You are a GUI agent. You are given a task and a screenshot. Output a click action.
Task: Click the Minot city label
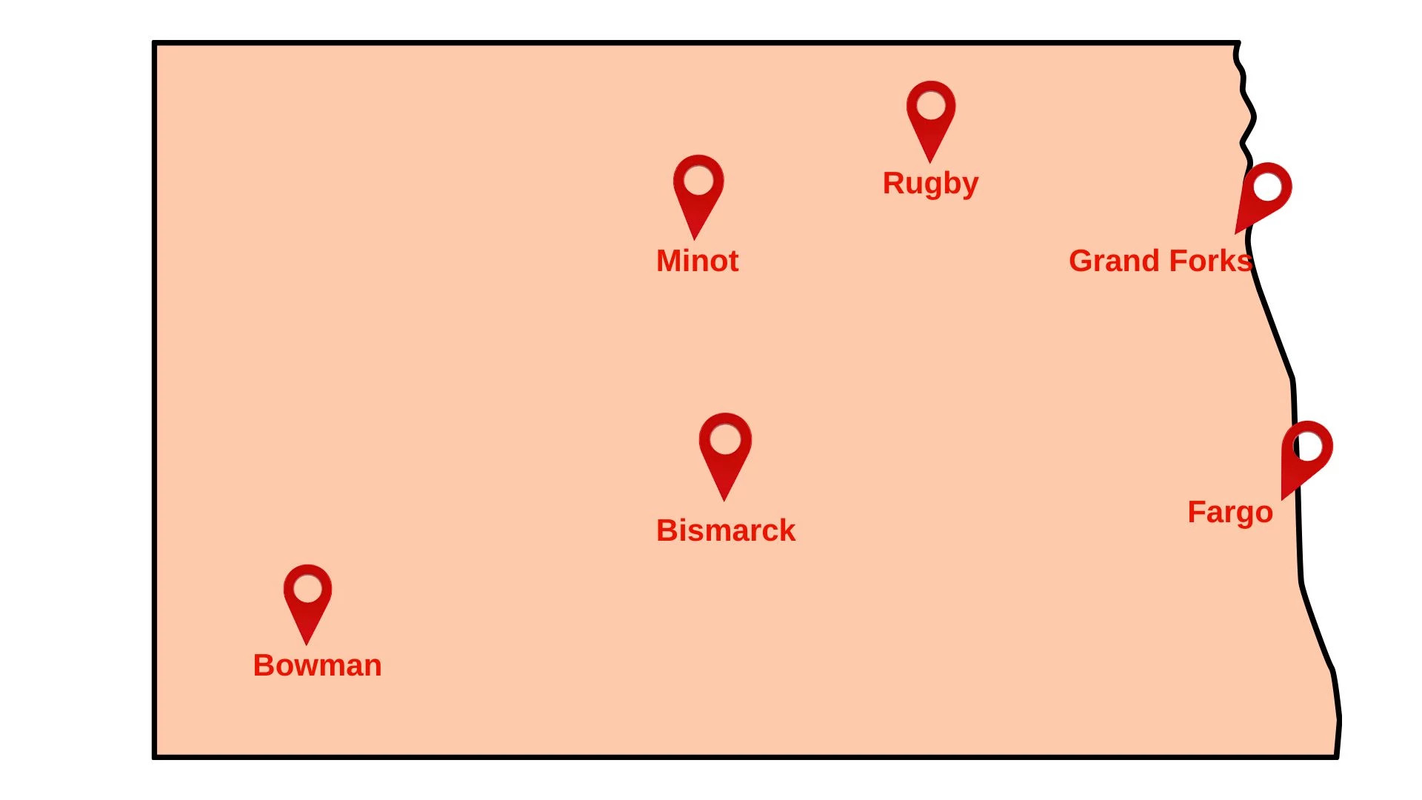[x=697, y=261]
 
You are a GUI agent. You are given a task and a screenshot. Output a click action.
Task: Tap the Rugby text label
[x=930, y=183]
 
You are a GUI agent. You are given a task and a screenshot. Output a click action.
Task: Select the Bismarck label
[x=725, y=530]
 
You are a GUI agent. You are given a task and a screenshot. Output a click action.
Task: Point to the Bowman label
[x=317, y=665]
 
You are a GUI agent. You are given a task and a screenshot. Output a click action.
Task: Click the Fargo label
[x=1229, y=512]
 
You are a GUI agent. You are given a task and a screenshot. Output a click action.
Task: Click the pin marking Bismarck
[x=724, y=452]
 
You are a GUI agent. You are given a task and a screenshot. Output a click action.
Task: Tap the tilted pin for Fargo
[x=1305, y=455]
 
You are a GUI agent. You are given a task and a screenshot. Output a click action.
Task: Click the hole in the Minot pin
[x=698, y=180]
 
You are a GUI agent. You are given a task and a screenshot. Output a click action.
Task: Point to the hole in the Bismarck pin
[x=725, y=439]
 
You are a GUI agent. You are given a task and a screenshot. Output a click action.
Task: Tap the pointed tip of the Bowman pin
[x=307, y=643]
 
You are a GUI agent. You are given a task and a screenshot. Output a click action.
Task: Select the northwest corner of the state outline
[x=154, y=43]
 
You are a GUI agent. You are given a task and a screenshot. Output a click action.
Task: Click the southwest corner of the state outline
[x=154, y=757]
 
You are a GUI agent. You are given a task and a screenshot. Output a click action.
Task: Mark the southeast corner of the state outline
[x=1336, y=756]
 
